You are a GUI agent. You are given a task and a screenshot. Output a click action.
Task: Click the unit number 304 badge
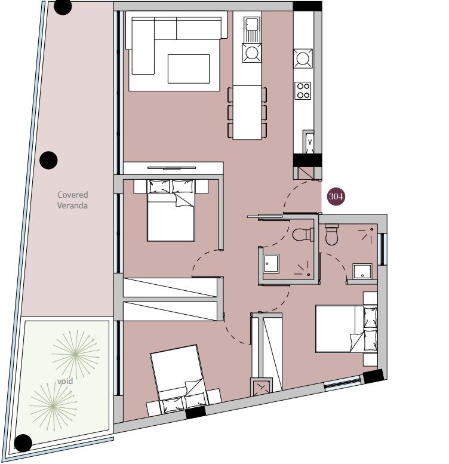click(336, 196)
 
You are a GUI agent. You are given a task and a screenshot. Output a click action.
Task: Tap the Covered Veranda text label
click(72, 200)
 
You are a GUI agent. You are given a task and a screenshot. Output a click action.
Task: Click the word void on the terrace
click(65, 381)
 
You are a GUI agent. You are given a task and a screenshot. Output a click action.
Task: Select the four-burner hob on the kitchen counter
click(303, 90)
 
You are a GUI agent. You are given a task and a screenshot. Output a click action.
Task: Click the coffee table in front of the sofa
click(189, 69)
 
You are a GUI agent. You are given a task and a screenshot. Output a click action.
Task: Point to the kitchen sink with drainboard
click(252, 29)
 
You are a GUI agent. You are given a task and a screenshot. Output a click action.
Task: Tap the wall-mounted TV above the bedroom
click(171, 168)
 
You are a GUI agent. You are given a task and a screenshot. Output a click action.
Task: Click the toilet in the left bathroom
click(303, 234)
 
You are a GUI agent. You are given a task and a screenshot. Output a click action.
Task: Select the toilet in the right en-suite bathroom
click(331, 235)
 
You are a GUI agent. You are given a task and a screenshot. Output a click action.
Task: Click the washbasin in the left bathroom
click(271, 263)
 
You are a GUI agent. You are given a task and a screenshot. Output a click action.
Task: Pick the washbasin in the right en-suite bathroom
click(362, 271)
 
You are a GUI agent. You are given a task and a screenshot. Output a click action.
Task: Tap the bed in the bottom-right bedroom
click(346, 329)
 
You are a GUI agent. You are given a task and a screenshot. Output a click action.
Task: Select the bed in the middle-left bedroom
click(171, 210)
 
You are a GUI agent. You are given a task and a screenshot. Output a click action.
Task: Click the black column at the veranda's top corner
click(63, 7)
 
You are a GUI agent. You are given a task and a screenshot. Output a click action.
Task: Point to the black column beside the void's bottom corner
click(23, 443)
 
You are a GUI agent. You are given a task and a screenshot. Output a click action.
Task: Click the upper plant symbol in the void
click(75, 354)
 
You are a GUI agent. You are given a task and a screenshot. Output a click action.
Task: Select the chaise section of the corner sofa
click(143, 46)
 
